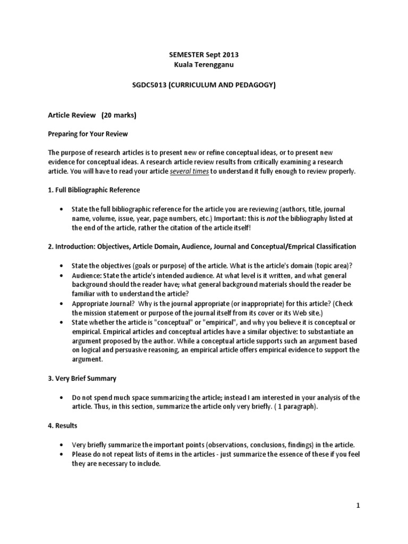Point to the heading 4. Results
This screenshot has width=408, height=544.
pos(63,426)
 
